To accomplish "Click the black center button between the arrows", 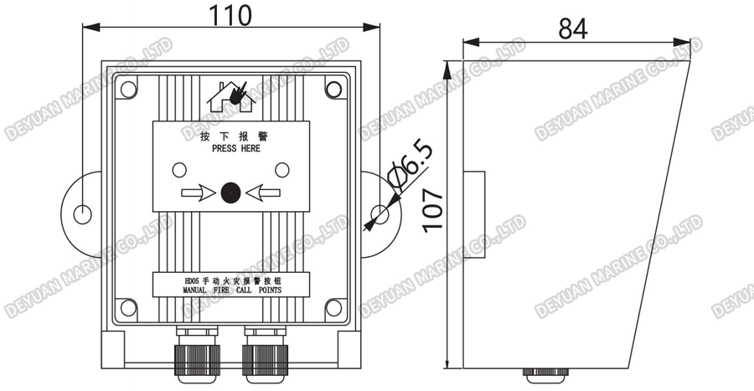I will pyautogui.click(x=230, y=193).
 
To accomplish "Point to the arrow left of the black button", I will pyautogui.click(x=198, y=193).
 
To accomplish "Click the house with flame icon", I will pyautogui.click(x=230, y=95).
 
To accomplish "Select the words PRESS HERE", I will pyautogui.click(x=231, y=149).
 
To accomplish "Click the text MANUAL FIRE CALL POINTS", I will pyautogui.click(x=231, y=291).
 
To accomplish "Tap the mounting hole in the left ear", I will pyautogui.click(x=81, y=214).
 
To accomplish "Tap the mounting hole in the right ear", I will pyautogui.click(x=381, y=214).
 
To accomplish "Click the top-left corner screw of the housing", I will pyautogui.click(x=128, y=87).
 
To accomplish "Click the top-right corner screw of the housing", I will pyautogui.click(x=333, y=88).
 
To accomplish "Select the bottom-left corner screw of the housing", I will pyautogui.click(x=128, y=307).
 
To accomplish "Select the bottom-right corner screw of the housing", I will pyautogui.click(x=333, y=307).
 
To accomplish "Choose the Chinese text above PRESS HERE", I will pyautogui.click(x=231, y=136).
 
